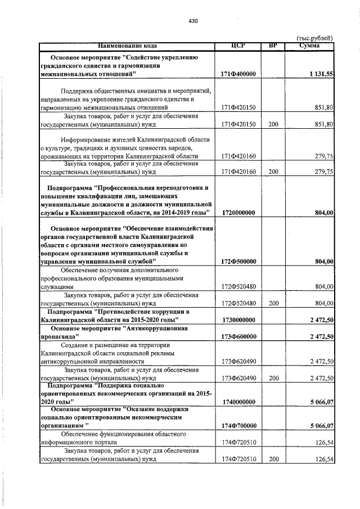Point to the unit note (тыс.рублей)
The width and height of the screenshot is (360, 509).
(314, 38)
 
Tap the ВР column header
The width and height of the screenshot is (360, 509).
(273, 46)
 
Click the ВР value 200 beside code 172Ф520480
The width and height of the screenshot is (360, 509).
(273, 303)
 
